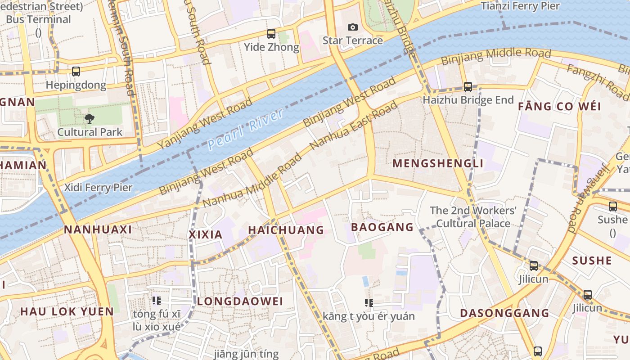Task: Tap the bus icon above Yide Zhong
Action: coord(271,34)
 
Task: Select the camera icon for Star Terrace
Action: coord(353,27)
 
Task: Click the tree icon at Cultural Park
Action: coord(90,119)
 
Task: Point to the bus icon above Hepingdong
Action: coord(76,72)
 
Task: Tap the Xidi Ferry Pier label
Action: coord(98,188)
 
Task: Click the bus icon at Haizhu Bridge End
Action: coord(468,87)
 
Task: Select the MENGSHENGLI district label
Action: coord(438,163)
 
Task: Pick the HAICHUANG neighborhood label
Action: coord(286,230)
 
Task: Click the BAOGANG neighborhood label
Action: coord(382,227)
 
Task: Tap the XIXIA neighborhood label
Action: coord(206,234)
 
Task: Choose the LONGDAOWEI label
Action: coord(240,301)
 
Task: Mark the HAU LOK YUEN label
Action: coord(67,311)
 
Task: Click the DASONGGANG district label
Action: coord(504,313)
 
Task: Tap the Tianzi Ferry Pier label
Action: coord(520,6)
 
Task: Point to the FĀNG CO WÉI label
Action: coord(559,107)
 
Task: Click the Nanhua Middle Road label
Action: coord(252,181)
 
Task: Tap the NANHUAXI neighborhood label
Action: coord(98,230)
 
